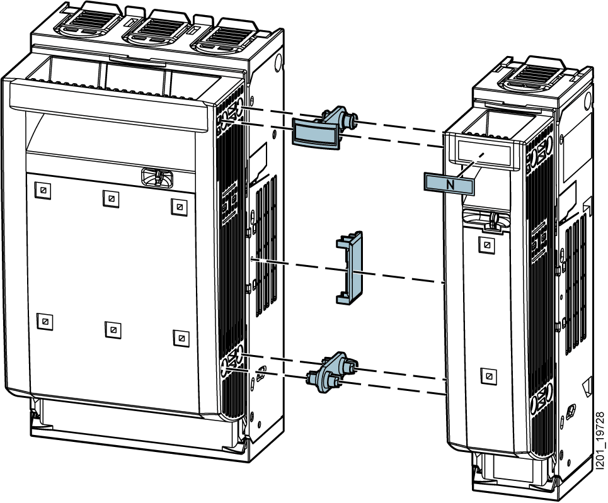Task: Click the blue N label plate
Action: (x=449, y=183)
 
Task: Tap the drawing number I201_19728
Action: (x=599, y=441)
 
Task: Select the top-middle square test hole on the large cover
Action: (x=111, y=198)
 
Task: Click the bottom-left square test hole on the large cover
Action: (x=45, y=321)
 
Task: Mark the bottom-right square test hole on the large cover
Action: (x=180, y=336)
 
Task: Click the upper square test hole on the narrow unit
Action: (x=486, y=244)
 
